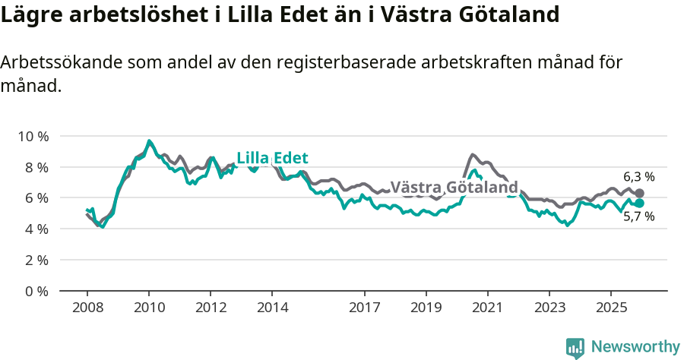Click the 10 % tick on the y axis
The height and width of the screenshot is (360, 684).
32,136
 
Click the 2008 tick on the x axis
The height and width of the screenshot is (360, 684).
87,308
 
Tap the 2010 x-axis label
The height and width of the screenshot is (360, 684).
149,308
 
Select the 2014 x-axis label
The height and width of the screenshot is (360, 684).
272,308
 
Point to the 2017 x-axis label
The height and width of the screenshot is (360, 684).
364,308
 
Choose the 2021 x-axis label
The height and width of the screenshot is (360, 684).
487,308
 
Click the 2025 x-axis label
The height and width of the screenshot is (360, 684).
610,308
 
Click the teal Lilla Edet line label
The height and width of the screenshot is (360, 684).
272,158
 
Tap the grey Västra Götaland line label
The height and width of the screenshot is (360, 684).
454,187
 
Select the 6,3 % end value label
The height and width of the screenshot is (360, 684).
638,177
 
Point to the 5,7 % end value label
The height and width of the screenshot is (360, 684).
638,216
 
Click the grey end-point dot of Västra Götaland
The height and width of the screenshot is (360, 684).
639,194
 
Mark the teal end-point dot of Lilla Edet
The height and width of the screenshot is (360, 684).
639,204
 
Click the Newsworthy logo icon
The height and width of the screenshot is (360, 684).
575,347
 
